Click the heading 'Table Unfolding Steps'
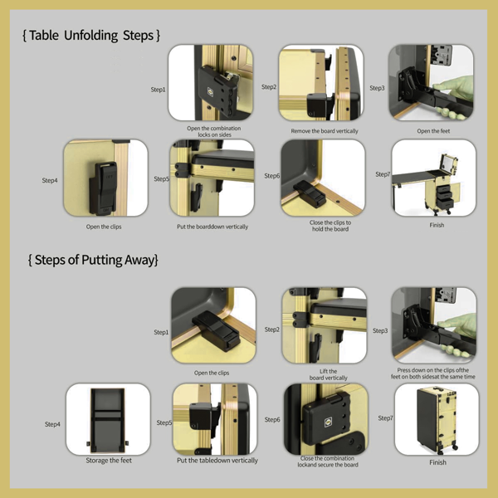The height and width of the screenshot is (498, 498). click(x=91, y=36)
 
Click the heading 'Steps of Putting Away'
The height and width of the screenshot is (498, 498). click(x=93, y=260)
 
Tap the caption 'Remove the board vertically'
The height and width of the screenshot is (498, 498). click(x=324, y=131)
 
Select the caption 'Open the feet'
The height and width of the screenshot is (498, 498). click(x=433, y=131)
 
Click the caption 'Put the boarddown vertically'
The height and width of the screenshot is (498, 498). click(x=212, y=227)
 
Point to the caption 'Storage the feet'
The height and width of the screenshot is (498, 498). click(x=108, y=461)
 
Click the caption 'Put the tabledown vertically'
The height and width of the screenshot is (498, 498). click(x=217, y=461)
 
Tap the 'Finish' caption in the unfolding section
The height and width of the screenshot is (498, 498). click(x=437, y=225)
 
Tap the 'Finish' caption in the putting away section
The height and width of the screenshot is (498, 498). click(x=437, y=462)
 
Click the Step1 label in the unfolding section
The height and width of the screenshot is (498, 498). click(x=158, y=89)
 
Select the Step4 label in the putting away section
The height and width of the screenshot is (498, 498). click(x=52, y=424)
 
